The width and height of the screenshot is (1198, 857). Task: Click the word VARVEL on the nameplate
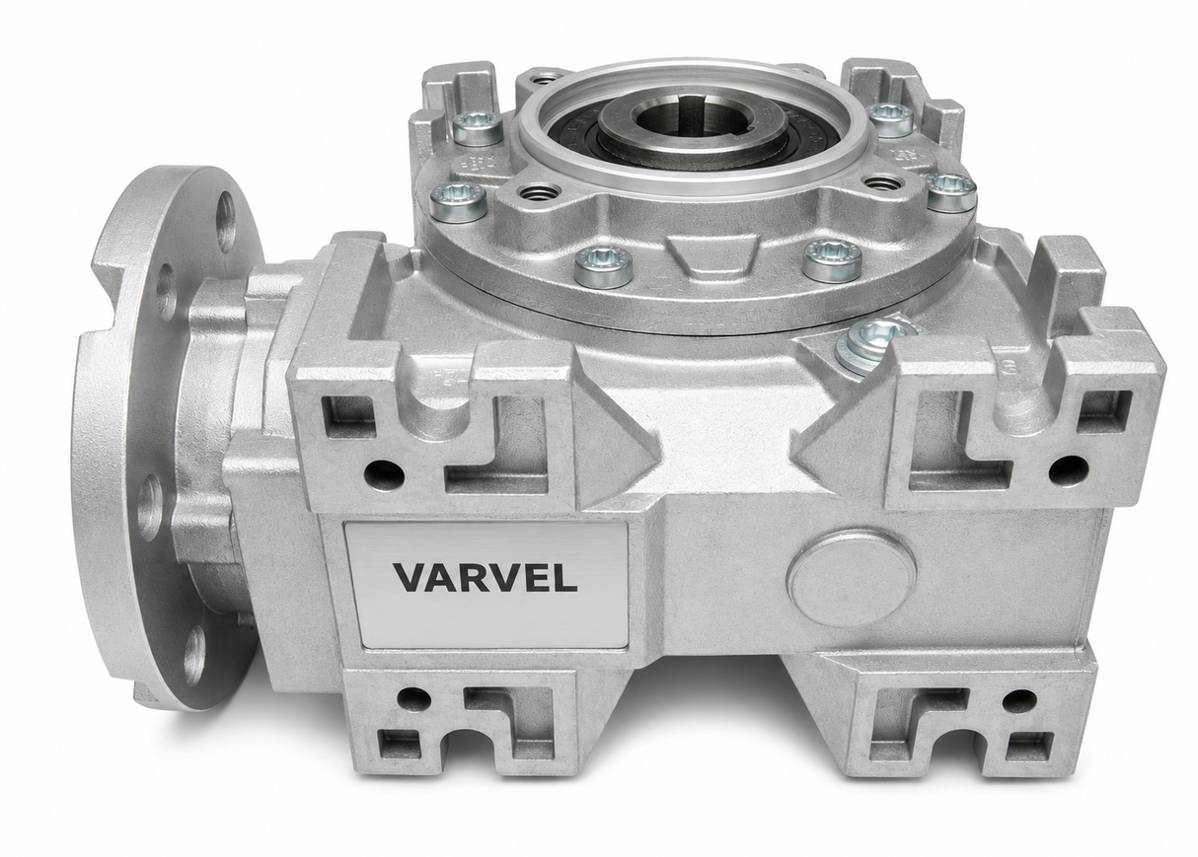click(486, 578)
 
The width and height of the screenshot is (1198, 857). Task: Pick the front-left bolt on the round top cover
click(603, 264)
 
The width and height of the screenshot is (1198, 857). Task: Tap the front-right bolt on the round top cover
click(832, 260)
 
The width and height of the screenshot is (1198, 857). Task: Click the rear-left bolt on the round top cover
click(477, 129)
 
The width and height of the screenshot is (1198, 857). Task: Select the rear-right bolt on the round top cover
click(890, 119)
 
